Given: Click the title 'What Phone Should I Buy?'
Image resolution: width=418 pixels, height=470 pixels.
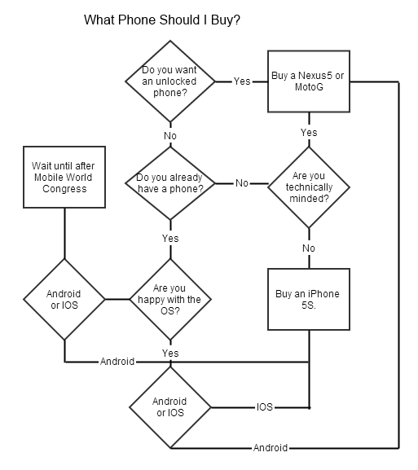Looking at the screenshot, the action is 162,20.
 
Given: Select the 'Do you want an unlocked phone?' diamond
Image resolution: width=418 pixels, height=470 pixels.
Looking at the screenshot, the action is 170,81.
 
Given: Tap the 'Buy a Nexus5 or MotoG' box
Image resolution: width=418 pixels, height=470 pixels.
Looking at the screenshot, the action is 309,81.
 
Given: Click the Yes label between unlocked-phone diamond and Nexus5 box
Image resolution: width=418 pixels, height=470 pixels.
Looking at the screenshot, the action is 242,81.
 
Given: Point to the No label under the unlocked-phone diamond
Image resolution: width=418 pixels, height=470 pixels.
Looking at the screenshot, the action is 170,136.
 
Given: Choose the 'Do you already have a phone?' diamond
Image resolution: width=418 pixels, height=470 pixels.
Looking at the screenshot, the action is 170,183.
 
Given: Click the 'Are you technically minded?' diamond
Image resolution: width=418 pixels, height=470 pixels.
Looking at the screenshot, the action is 309,187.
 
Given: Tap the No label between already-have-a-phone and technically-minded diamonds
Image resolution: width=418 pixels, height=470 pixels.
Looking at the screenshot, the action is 242,183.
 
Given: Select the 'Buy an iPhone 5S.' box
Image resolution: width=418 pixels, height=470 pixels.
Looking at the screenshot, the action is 309,299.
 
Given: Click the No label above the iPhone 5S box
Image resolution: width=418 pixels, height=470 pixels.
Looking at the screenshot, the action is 309,248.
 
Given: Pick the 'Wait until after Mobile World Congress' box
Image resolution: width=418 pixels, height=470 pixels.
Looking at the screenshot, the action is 64,177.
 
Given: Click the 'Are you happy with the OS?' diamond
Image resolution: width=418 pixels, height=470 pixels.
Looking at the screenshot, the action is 170,299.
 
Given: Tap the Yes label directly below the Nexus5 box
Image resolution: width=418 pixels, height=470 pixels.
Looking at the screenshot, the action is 309,133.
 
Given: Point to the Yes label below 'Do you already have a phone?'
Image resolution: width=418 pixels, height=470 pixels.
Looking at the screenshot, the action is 170,239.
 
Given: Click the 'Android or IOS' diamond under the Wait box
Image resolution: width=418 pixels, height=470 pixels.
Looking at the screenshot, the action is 64,299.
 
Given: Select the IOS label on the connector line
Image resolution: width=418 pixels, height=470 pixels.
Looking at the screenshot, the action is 265,407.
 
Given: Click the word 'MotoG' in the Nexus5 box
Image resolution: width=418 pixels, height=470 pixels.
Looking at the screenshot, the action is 309,87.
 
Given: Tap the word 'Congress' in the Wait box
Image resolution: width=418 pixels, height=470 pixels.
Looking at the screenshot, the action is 64,189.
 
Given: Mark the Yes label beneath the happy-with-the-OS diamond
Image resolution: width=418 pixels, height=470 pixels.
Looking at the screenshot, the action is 170,353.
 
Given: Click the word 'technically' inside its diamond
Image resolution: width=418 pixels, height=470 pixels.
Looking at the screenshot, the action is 309,187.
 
